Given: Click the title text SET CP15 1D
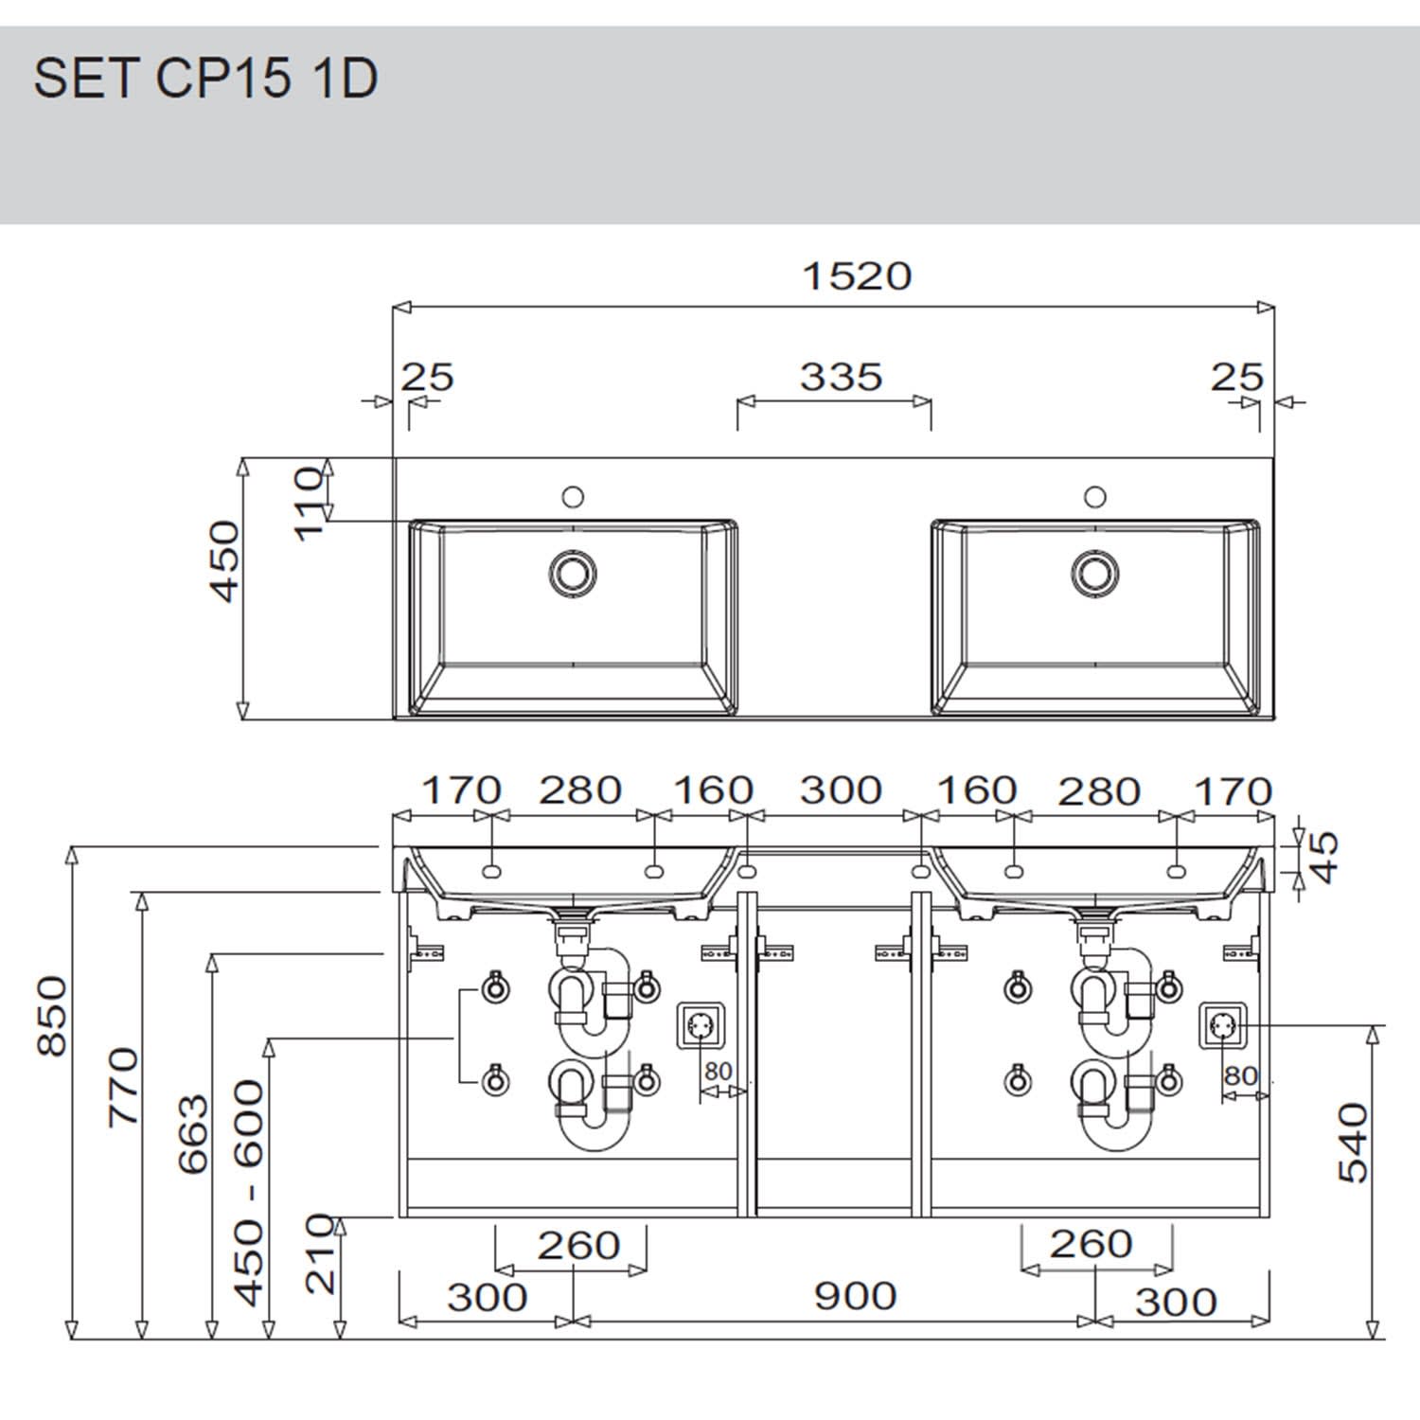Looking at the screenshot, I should [x=205, y=79].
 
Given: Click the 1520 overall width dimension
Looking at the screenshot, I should [x=856, y=276].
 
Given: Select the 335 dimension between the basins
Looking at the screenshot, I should [x=841, y=377].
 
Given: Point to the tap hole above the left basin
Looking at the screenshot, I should [x=572, y=496].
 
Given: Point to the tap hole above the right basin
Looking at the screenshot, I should [x=1095, y=496].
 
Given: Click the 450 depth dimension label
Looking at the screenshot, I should [x=226, y=560].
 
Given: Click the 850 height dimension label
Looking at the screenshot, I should [x=53, y=1016].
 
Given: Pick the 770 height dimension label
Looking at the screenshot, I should [x=124, y=1086].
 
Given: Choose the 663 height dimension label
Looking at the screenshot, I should [x=193, y=1134].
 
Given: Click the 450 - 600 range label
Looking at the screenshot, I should [x=250, y=1193].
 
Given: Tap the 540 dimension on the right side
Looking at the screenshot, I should [x=1353, y=1143].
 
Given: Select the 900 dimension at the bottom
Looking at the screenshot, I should [x=855, y=1296].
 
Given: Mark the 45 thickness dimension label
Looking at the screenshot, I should [x=1325, y=856].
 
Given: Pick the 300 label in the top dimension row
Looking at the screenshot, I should [x=841, y=790].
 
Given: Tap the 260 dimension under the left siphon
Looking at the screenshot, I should [x=578, y=1246].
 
